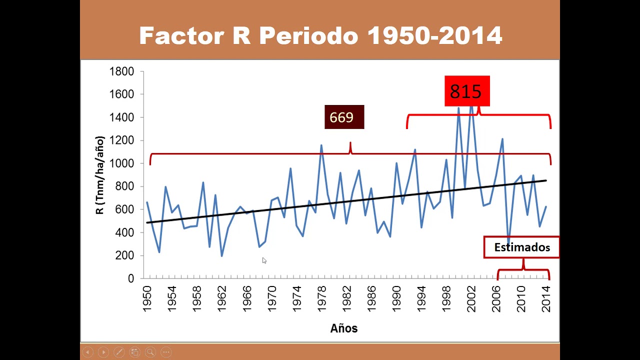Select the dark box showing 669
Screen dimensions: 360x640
pos(344,117)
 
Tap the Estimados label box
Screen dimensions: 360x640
pos(521,247)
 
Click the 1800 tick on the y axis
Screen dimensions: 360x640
pos(121,71)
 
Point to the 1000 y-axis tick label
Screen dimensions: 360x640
pos(121,163)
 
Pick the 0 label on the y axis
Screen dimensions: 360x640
pos(131,278)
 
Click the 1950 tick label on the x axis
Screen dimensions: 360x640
pos(147,299)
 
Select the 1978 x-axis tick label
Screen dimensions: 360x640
pos(321,299)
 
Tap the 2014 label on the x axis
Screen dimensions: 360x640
pos(546,299)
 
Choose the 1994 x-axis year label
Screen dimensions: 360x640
pos(421,299)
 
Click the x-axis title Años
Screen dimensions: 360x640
pos(344,328)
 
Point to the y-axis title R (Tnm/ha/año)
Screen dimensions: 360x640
pos(100,175)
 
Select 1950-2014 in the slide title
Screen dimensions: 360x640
pos(434,36)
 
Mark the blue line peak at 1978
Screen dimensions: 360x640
pos(321,145)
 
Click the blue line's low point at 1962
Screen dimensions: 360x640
pos(221,255)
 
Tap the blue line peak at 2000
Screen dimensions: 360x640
pos(458,108)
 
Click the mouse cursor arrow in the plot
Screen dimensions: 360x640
pos(264,260)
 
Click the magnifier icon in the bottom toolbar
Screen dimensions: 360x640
pos(150,352)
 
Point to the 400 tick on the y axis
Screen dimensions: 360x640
pos(121,232)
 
